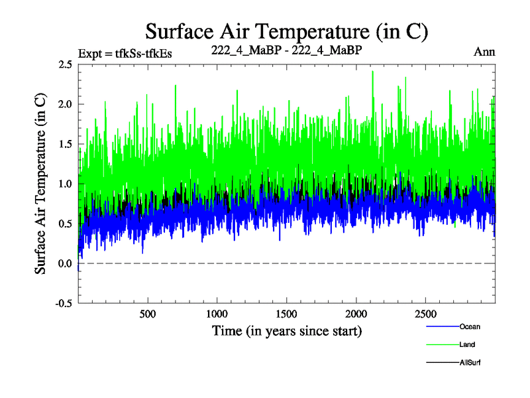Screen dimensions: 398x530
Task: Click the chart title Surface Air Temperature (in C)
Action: (287, 31)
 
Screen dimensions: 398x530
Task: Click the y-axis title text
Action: (40, 182)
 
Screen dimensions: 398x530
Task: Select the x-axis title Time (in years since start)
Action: (287, 330)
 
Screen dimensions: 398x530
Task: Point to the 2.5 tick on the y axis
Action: (64, 64)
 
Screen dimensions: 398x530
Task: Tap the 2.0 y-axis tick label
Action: (64, 104)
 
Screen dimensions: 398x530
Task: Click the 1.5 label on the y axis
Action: (64, 144)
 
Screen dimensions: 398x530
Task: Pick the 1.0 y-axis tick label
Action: (64, 184)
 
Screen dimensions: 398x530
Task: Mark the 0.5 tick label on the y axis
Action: (64, 224)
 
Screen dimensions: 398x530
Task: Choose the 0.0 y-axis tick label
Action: (64, 263)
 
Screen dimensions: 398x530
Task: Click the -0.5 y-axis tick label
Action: (63, 303)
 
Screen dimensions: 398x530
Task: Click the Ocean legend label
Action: (470, 326)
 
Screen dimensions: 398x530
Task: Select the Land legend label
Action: (467, 345)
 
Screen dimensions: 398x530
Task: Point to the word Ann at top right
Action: (484, 52)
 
